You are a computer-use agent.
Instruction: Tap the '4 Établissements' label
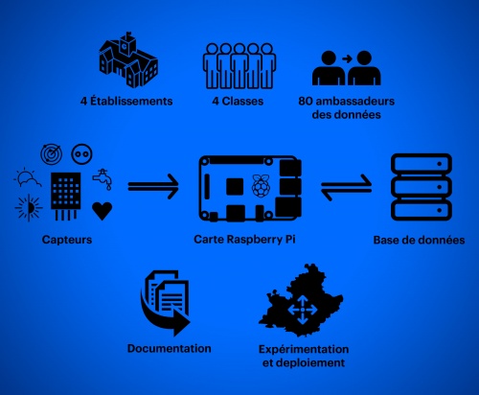click(126, 101)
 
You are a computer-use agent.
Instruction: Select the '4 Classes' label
click(238, 101)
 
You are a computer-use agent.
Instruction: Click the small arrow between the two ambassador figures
click(347, 58)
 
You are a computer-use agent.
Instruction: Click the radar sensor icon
click(51, 154)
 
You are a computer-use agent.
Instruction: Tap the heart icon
click(103, 211)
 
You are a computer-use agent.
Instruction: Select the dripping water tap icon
click(103, 179)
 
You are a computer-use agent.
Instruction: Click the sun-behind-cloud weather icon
click(28, 178)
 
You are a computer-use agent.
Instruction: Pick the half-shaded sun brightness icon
click(29, 208)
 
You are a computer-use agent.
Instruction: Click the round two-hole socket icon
click(81, 154)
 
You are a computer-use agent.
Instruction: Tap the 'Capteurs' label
click(67, 240)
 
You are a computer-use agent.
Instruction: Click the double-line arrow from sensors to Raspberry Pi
click(153, 187)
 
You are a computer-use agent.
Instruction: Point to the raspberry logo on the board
click(262, 186)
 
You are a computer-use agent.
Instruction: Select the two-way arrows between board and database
click(347, 187)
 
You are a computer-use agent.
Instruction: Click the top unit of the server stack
click(422, 164)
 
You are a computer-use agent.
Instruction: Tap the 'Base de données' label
click(419, 240)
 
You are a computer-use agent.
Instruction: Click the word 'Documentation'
click(170, 348)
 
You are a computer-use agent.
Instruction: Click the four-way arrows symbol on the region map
click(303, 310)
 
